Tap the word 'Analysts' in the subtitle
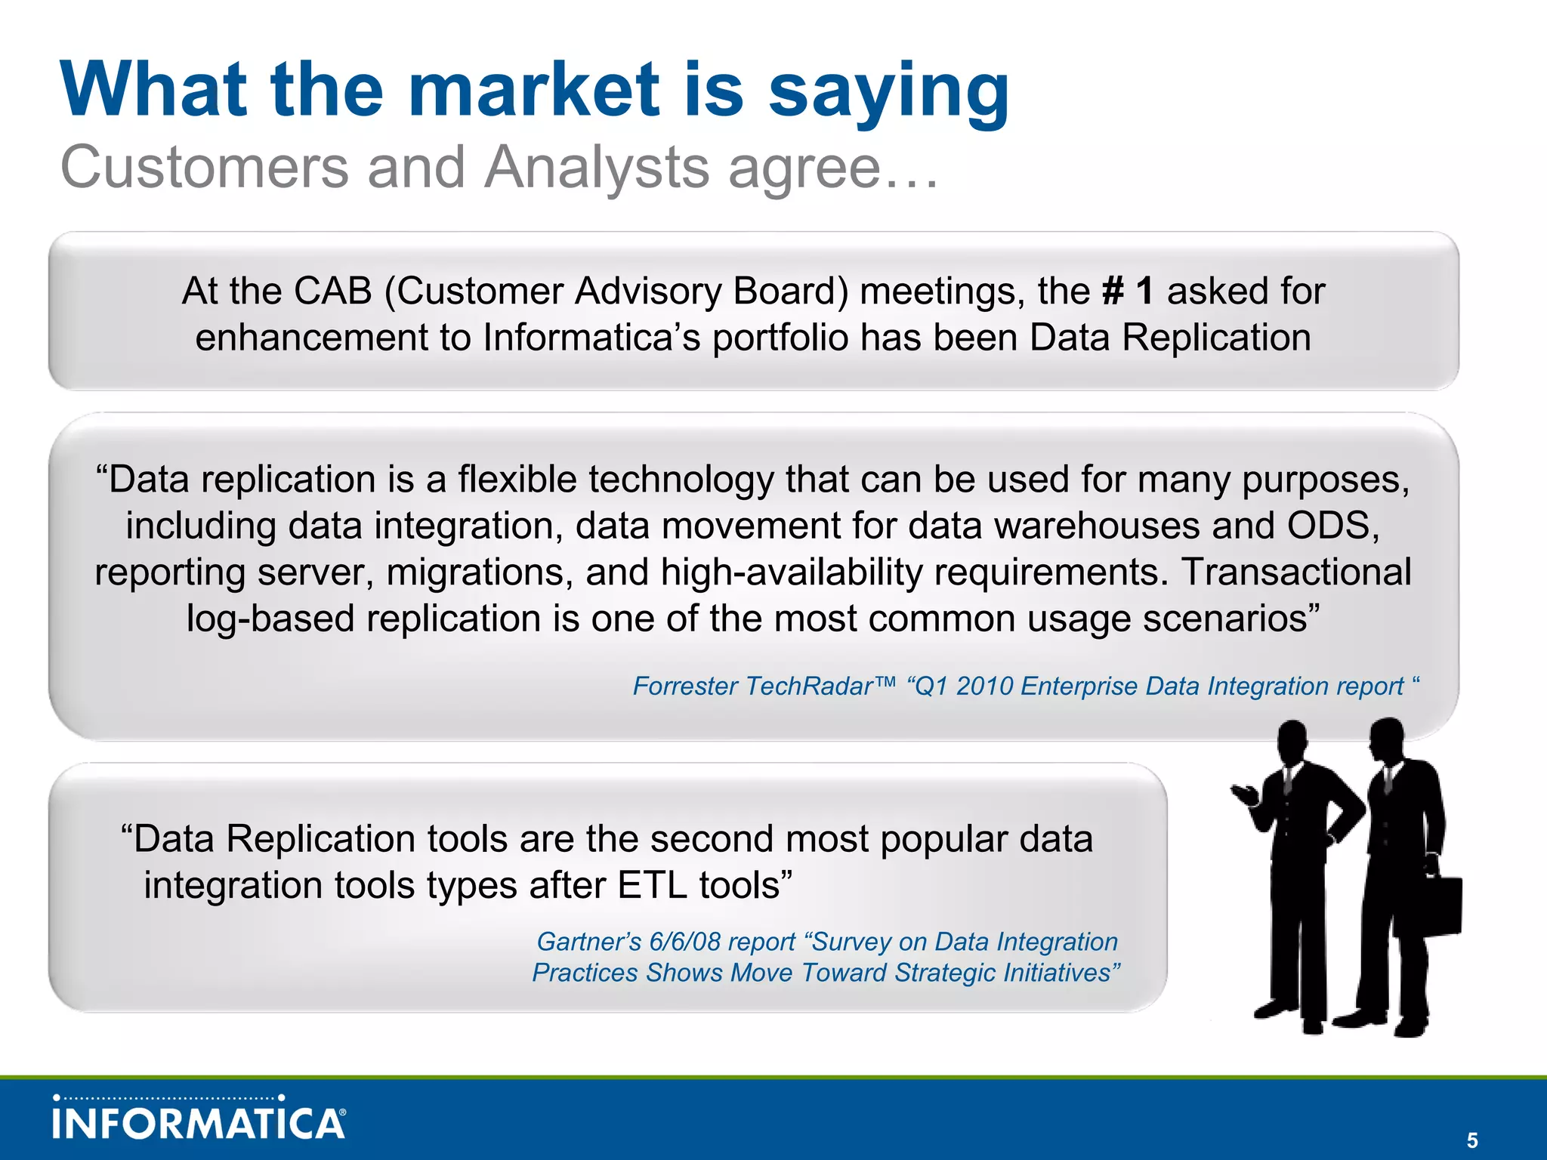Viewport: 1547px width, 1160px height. pyautogui.click(x=597, y=168)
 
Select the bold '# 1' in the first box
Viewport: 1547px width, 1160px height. pyautogui.click(x=1128, y=292)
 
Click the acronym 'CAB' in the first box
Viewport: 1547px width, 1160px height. pyautogui.click(x=332, y=292)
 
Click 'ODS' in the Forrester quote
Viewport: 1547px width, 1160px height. pyautogui.click(x=1334, y=526)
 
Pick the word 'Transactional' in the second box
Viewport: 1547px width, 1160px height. pyautogui.click(x=1296, y=572)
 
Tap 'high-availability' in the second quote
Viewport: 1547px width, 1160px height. pyautogui.click(x=792, y=572)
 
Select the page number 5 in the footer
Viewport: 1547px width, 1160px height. pyautogui.click(x=1471, y=1140)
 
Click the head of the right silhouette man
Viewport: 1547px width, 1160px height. pyautogui.click(x=1386, y=739)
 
